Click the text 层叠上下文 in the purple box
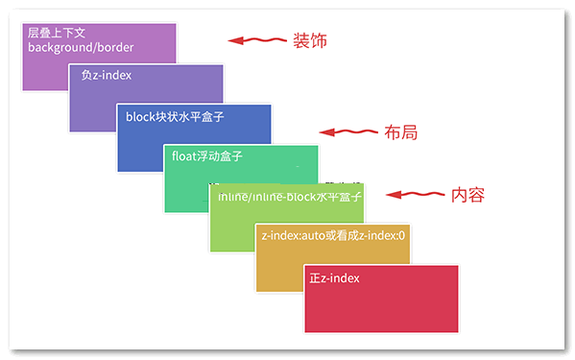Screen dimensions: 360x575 pyautogui.click(x=57, y=33)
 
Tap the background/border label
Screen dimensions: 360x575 pyautogui.click(x=81, y=47)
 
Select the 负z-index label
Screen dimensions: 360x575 pyautogui.click(x=107, y=75)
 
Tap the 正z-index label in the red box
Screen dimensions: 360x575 pyautogui.click(x=334, y=278)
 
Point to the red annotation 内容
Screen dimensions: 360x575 pyautogui.click(x=467, y=195)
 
